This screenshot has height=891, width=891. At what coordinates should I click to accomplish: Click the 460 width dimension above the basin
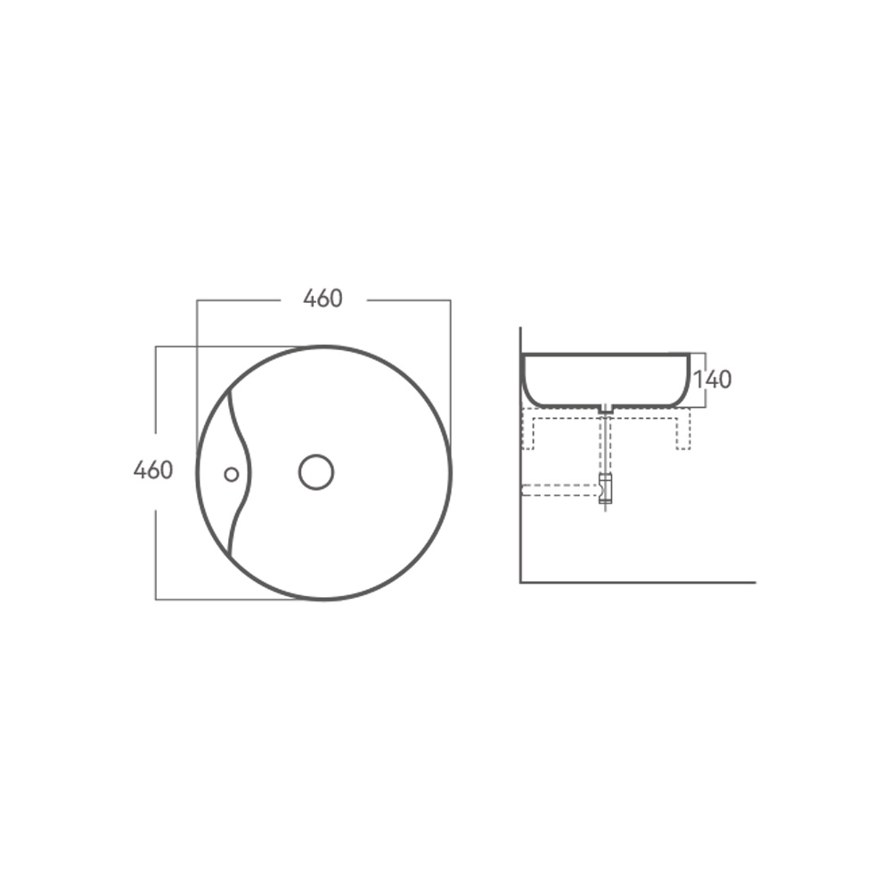click(323, 298)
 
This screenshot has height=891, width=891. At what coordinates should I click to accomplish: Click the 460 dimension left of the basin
click(153, 470)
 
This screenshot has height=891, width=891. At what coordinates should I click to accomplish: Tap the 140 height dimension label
click(713, 380)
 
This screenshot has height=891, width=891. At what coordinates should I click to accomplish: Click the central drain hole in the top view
click(316, 471)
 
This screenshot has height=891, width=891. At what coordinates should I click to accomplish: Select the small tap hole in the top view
click(232, 474)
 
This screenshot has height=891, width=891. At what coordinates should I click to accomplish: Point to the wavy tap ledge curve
click(249, 471)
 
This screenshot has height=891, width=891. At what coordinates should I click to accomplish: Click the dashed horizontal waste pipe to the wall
click(560, 490)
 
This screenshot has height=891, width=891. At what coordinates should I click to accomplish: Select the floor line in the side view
click(638, 583)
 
